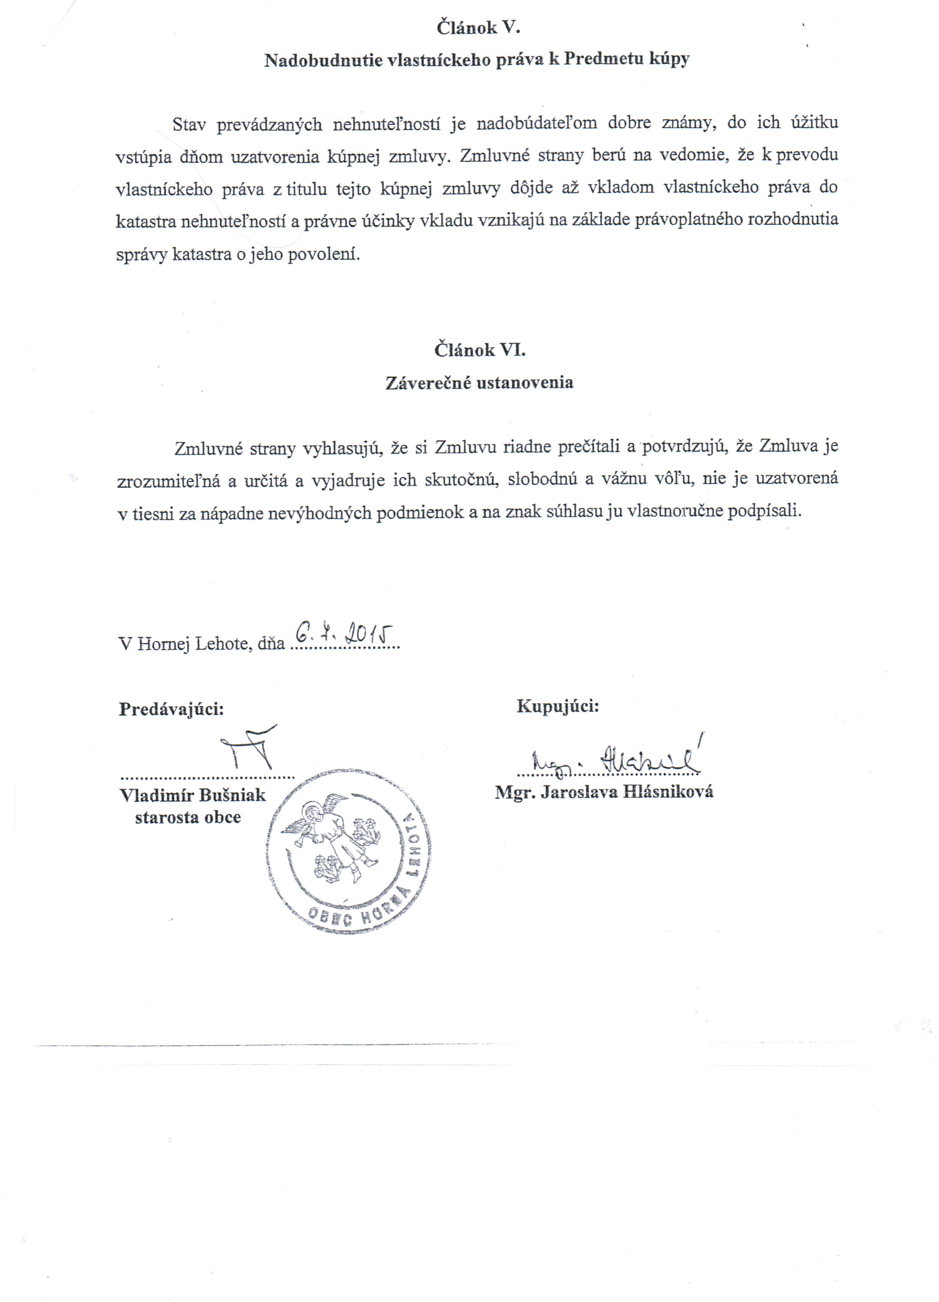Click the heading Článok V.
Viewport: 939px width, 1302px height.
tap(478, 27)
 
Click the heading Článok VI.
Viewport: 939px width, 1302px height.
tap(479, 350)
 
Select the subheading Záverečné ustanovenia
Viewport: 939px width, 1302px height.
tap(479, 383)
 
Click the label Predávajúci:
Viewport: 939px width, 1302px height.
tap(171, 709)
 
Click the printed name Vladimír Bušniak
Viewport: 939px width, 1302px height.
tap(192, 795)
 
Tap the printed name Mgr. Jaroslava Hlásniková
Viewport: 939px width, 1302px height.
tap(604, 792)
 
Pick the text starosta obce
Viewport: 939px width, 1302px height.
tap(188, 817)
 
